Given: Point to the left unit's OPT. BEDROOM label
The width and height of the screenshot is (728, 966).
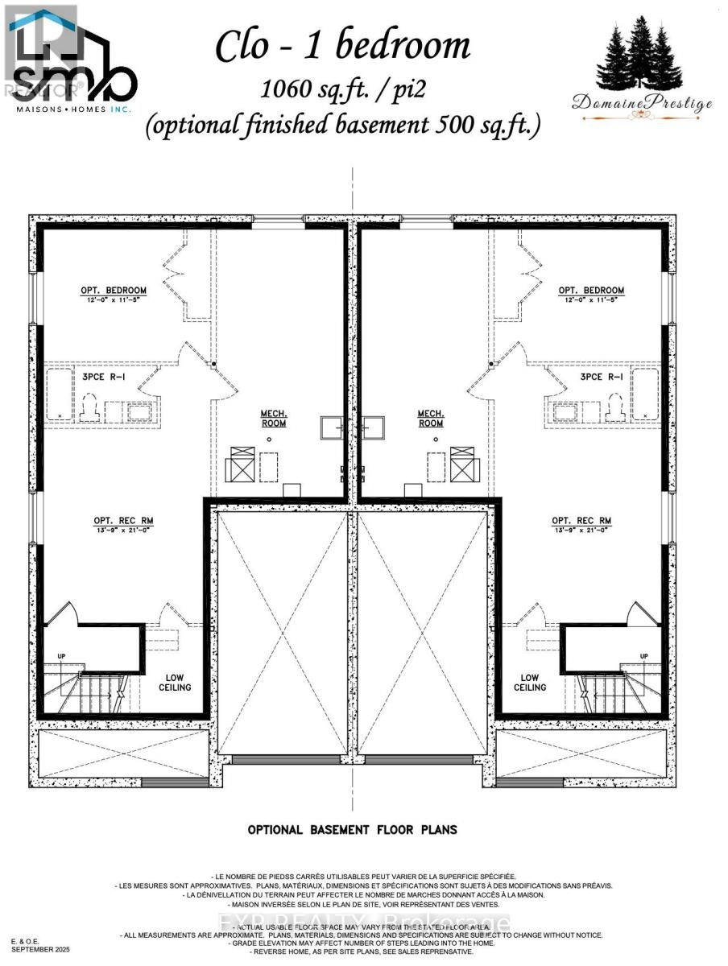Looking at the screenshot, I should tap(113, 291).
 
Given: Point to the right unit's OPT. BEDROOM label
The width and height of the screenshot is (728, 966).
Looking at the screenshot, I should tap(591, 291).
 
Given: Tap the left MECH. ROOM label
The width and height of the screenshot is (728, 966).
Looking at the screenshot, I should tap(272, 419).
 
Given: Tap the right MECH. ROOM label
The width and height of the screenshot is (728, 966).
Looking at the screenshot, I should tap(431, 419).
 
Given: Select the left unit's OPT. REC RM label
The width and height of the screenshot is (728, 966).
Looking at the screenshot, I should tap(122, 521).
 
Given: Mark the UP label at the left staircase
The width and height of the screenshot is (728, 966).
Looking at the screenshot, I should tap(60, 656).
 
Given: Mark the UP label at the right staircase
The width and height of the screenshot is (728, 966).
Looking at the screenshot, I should tap(643, 656).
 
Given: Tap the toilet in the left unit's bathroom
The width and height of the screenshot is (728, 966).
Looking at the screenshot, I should tap(89, 407).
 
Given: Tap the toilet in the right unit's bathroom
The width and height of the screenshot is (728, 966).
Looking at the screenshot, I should tap(616, 407).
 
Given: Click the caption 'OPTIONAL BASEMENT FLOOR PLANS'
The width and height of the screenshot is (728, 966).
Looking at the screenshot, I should tap(352, 829).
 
